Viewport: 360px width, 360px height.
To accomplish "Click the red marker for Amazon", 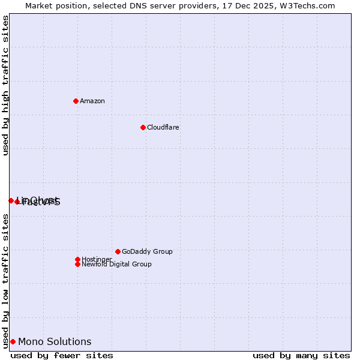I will [x=76, y=101].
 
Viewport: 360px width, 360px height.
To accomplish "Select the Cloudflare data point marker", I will [x=143, y=127].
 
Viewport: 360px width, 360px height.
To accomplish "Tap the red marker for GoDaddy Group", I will [x=118, y=251].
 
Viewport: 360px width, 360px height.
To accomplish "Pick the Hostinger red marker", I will [x=77, y=259].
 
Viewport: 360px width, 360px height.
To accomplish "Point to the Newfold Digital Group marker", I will [x=77, y=264].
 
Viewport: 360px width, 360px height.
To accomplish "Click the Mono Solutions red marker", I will [x=13, y=341].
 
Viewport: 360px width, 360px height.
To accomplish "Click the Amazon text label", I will [x=92, y=101].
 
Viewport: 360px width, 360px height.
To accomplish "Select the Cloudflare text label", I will [x=163, y=127].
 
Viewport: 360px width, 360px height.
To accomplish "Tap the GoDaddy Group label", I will [x=147, y=251].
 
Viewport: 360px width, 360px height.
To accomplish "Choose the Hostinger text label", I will [x=97, y=259].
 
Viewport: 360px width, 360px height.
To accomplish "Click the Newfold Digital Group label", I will [x=116, y=264].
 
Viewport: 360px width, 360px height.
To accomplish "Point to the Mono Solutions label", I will [x=55, y=341].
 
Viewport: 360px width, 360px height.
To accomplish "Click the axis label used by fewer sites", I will [x=62, y=355].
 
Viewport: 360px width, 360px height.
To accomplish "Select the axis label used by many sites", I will [x=301, y=355].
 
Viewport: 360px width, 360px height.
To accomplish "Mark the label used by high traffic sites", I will [x=5, y=86].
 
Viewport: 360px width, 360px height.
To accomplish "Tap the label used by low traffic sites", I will [x=5, y=280].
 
